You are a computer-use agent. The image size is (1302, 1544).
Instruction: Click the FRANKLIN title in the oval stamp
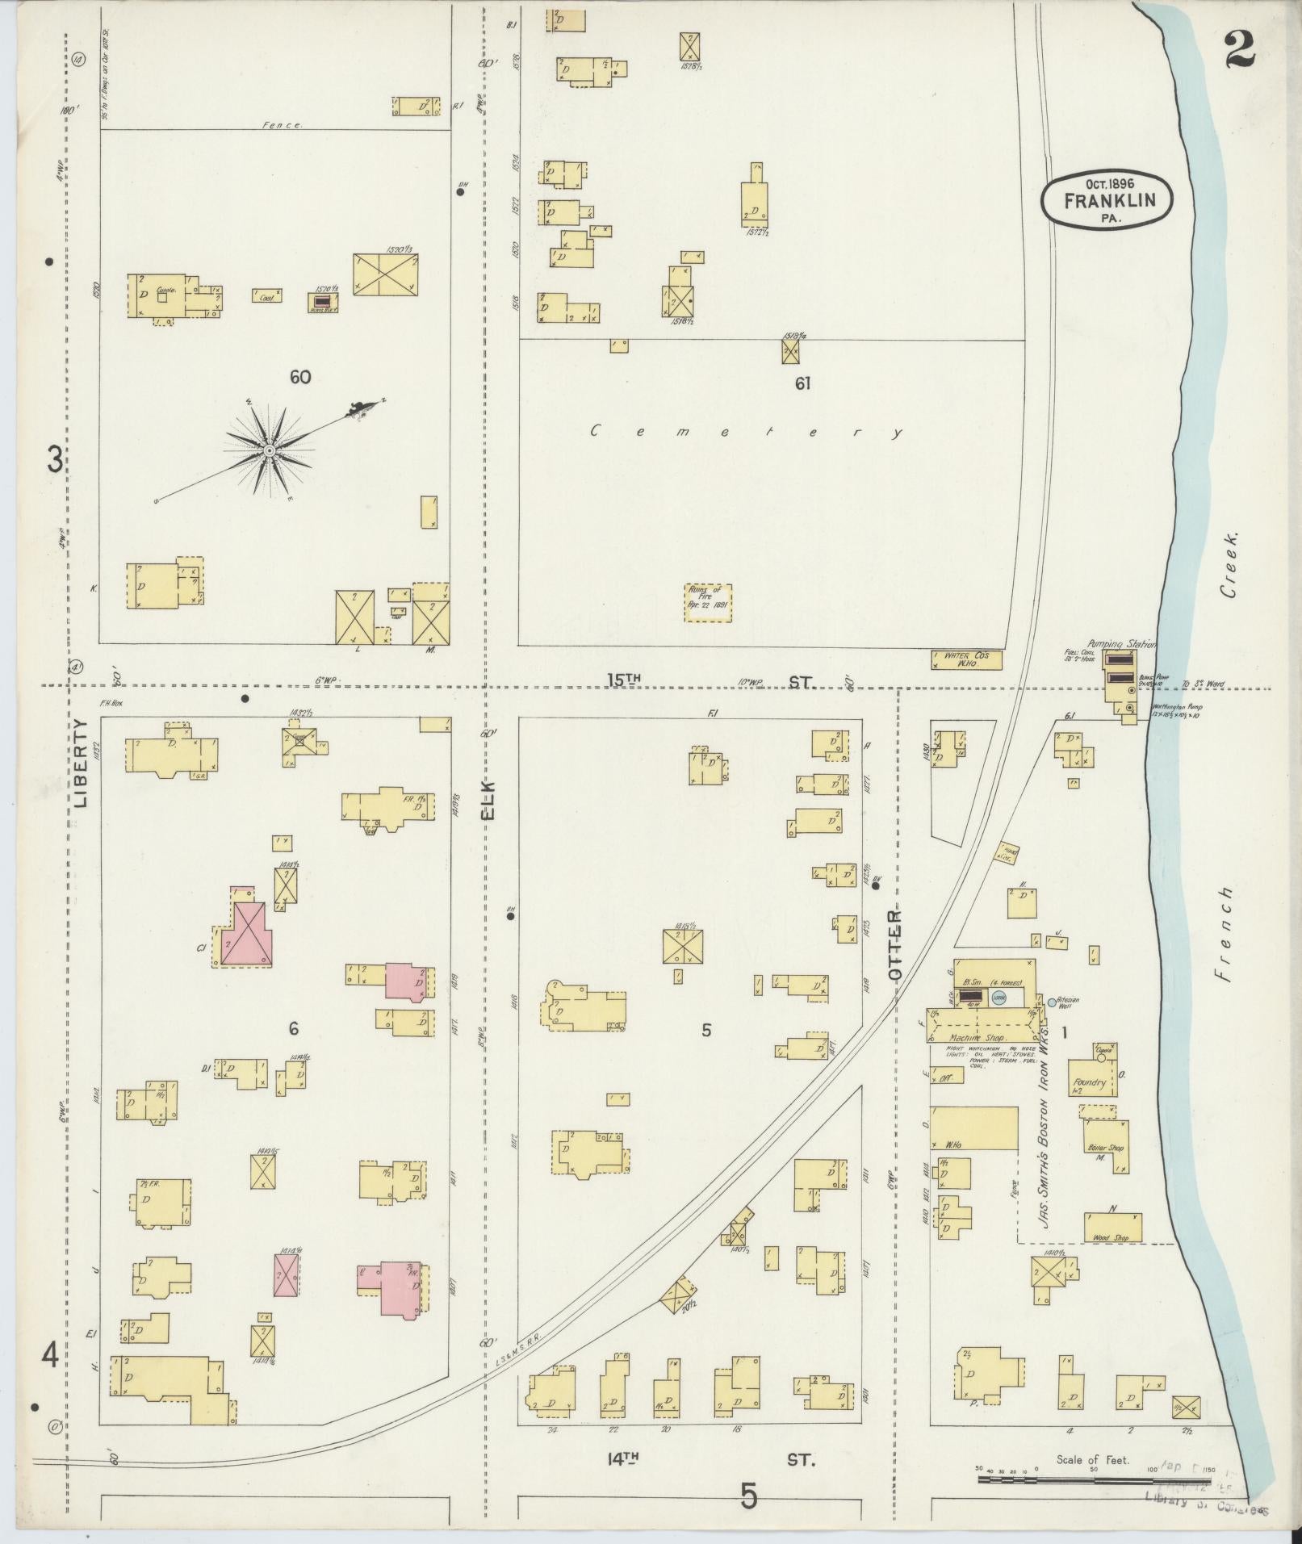pos(1107,201)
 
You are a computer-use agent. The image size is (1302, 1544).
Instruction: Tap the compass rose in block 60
pos(269,450)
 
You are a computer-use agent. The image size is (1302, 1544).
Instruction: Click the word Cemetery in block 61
pos(747,432)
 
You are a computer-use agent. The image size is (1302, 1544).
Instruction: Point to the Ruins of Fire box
pos(708,603)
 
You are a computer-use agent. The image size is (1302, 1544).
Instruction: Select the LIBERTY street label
pos(81,764)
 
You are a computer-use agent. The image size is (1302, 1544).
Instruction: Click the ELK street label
pos(488,801)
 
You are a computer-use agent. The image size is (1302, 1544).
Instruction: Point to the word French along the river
pos(1226,934)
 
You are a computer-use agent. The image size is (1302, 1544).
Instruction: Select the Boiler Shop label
pos(1105,1148)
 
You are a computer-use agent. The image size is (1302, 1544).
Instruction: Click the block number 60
pos(300,377)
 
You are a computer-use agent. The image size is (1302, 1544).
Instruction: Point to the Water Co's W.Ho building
pos(966,660)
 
